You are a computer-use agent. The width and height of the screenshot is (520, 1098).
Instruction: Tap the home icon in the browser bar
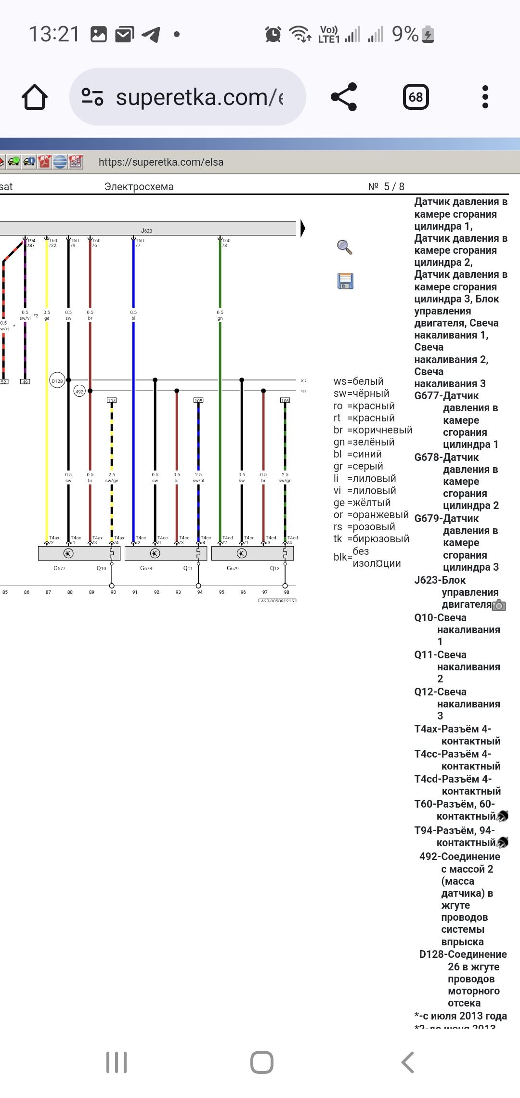click(x=35, y=97)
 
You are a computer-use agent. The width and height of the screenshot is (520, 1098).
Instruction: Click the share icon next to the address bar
click(x=344, y=97)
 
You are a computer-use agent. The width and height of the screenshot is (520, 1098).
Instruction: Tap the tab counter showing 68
click(x=416, y=97)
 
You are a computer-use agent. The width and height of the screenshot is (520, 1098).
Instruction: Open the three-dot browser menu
click(x=485, y=97)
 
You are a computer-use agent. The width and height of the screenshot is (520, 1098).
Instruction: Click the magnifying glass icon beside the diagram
click(x=345, y=247)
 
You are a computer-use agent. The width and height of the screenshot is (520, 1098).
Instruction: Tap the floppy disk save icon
click(x=345, y=281)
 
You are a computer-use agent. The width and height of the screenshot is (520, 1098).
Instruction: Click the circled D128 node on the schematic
click(x=57, y=381)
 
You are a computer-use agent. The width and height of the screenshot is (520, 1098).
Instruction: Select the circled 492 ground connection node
click(x=79, y=392)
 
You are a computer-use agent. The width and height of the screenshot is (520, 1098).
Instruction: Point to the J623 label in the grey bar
click(x=146, y=231)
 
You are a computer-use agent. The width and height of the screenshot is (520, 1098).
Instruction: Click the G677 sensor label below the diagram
click(x=59, y=568)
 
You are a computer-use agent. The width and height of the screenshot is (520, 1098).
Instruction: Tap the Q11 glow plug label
click(x=188, y=568)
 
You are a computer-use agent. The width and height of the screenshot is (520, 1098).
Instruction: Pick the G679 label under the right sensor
click(x=233, y=568)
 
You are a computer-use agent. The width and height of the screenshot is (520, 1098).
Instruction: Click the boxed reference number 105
click(x=198, y=400)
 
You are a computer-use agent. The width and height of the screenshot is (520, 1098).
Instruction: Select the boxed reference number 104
click(x=112, y=400)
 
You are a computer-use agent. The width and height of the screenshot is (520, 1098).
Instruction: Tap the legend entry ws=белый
click(x=359, y=381)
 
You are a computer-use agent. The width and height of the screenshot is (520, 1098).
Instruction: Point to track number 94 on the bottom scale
click(x=200, y=592)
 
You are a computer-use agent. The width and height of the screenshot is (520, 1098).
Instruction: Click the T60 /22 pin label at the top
click(x=52, y=243)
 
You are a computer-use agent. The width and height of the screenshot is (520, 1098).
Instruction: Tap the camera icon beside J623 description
click(x=499, y=605)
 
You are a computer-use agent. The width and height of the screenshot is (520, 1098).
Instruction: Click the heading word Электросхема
click(x=139, y=187)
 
